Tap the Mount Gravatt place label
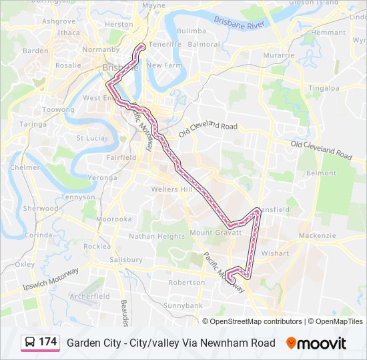(x=212, y=233)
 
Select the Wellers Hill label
(x=171, y=190)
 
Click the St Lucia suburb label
(x=90, y=138)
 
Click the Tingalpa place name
(x=324, y=88)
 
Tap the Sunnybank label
(x=182, y=305)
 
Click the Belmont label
(x=321, y=173)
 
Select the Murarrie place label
(x=278, y=55)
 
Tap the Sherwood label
(x=41, y=208)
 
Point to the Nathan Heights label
(x=157, y=236)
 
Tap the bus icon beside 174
(x=30, y=343)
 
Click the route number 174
(x=47, y=342)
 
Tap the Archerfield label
(x=89, y=296)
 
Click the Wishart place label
(x=274, y=253)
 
